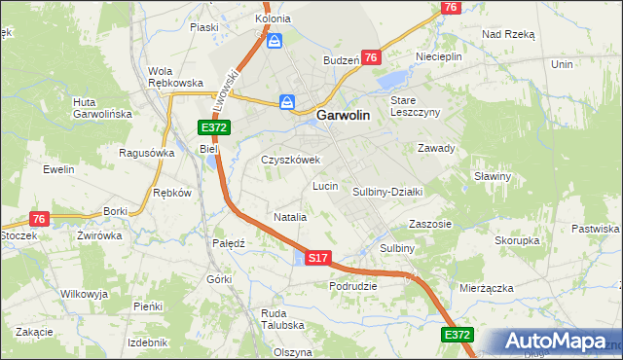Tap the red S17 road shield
318,258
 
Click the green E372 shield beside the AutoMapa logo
457,335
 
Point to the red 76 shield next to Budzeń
371,58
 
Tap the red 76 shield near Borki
39,219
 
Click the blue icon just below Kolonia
275,41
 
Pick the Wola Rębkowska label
174,77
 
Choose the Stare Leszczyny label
416,106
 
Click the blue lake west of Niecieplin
393,79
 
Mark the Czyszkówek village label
290,160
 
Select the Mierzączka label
485,288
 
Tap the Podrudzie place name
353,286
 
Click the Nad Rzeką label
508,33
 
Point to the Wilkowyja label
83,293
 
